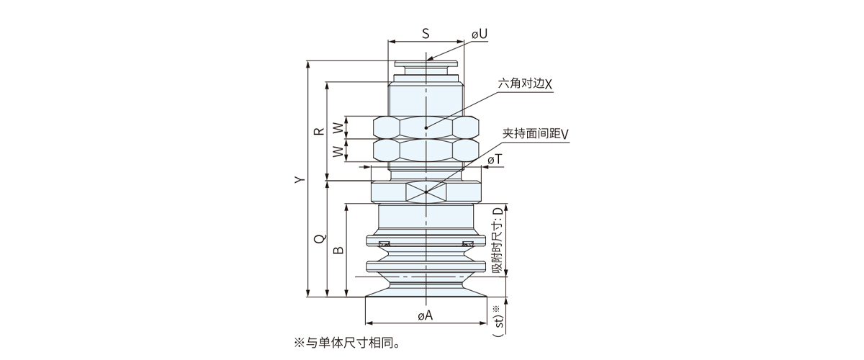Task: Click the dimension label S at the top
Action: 426,33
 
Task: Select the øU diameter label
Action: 480,34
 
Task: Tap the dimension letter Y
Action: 301,180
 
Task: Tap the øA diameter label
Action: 426,315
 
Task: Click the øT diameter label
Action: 495,158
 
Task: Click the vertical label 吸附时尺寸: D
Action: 498,239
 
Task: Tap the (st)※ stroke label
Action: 497,320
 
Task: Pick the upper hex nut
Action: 426,127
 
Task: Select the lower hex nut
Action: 426,150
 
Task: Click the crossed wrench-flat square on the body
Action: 426,192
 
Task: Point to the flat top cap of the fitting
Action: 426,66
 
